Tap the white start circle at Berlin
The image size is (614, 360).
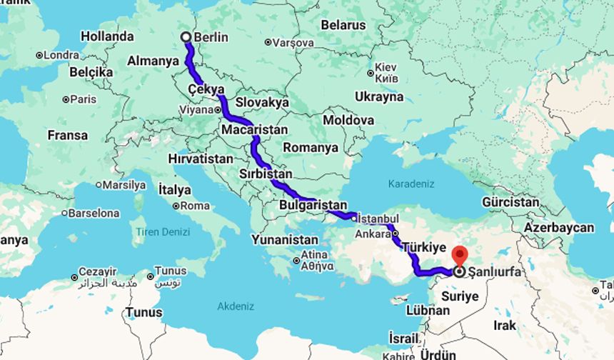pos(186,36)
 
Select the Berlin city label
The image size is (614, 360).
pos(211,37)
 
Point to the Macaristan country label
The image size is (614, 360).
pos(254,130)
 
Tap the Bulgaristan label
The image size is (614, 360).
pos(313,205)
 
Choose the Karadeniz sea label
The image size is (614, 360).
pos(411,184)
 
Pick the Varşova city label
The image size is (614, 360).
pos(293,43)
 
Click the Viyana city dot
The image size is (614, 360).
pos(218,111)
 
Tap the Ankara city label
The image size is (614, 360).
pos(373,234)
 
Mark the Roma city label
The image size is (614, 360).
pos(196,206)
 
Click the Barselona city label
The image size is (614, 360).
pos(94,213)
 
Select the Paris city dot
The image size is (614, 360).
pos(65,100)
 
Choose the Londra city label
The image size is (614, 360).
pos(61,55)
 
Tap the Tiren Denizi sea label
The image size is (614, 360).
pos(163,232)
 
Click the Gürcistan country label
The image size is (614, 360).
pos(510,202)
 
